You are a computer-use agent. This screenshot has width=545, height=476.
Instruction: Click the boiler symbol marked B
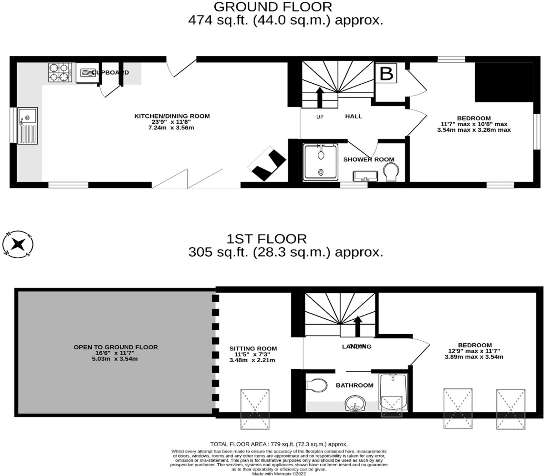click(386, 74)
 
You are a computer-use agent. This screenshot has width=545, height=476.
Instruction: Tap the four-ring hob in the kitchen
click(60, 72)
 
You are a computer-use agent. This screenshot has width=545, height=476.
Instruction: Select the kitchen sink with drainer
click(27, 126)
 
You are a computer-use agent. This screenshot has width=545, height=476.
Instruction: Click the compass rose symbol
click(18, 244)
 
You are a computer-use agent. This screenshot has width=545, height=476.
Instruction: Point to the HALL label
click(354, 116)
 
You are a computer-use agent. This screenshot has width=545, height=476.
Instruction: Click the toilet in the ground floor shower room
click(391, 171)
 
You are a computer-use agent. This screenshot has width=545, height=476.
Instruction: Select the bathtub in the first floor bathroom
click(394, 392)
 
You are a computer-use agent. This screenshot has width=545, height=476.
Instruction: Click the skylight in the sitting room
click(255, 409)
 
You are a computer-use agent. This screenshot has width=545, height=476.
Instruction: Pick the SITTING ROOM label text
click(253, 348)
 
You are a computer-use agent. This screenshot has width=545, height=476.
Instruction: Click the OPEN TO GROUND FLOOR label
click(116, 347)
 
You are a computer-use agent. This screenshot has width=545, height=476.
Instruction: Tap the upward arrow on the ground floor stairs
click(320, 97)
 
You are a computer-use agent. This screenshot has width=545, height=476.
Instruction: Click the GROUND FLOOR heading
click(272, 7)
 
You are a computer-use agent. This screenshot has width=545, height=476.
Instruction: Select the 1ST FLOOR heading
click(266, 239)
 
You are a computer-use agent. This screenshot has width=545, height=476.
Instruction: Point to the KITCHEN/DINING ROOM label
click(172, 116)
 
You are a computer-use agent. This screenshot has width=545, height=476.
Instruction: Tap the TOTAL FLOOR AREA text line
click(279, 444)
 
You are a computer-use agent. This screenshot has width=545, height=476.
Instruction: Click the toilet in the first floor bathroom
click(316, 385)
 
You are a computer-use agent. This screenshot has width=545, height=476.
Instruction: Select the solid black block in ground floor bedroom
click(504, 83)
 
